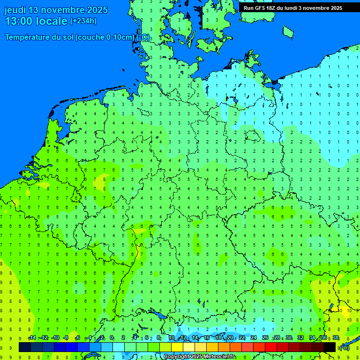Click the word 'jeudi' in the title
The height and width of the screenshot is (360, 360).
pyautogui.click(x=15, y=10)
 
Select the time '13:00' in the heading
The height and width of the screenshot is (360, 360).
pyautogui.click(x=19, y=21)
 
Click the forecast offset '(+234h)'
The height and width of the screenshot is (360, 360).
pyautogui.click(x=83, y=21)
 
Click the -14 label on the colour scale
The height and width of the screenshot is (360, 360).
pyautogui.click(x=32, y=338)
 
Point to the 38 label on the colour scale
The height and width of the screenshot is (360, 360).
pyautogui.click(x=336, y=338)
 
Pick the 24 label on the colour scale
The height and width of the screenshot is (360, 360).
pyautogui.click(x=254, y=338)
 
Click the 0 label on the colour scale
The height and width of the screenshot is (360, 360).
pyautogui.click(x=112, y=338)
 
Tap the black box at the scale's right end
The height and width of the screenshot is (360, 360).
pyautogui.click(x=330, y=347)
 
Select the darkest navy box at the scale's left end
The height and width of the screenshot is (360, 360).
pyautogui.click(x=25, y=347)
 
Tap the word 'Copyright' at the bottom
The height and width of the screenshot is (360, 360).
pyautogui.click(x=177, y=357)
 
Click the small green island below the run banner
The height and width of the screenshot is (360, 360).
pyautogui.click(x=288, y=31)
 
